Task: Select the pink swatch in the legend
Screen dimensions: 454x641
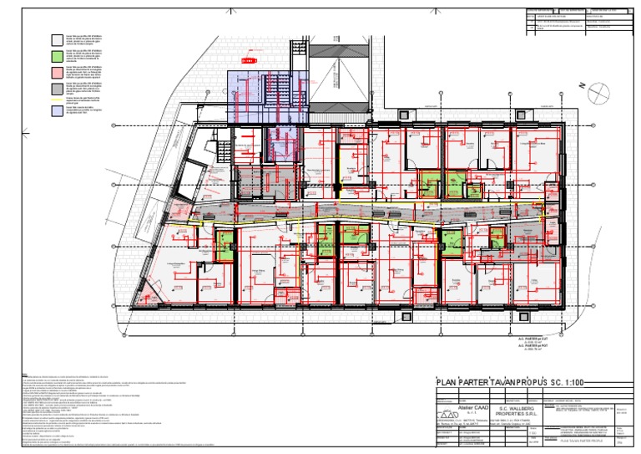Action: point(56,69)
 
